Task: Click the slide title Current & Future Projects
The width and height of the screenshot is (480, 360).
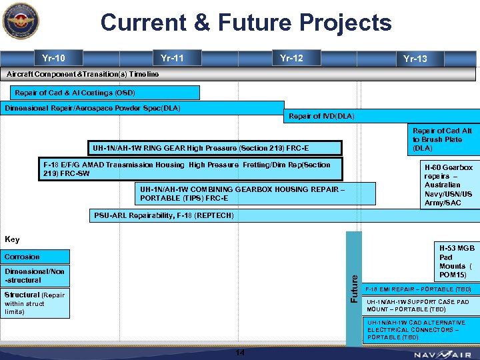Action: point(245,23)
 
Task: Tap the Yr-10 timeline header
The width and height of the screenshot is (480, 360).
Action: point(53,58)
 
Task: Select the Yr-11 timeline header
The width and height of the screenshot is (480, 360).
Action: point(172,58)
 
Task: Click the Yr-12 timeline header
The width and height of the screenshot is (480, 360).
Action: point(291,58)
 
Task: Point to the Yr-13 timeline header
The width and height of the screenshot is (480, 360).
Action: point(415,59)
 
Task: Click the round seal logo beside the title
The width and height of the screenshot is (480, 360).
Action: point(21,23)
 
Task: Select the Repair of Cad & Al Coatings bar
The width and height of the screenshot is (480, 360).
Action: point(100,93)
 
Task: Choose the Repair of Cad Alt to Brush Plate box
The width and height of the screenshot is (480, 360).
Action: point(443,140)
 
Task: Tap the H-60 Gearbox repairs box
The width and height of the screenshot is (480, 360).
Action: point(449,185)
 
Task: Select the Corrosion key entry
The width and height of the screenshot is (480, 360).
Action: point(36,257)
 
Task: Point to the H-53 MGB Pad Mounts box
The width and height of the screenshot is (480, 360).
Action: point(456,261)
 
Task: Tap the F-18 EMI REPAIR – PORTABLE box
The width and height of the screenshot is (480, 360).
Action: point(422,289)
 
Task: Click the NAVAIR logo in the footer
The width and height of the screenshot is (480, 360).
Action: point(441,355)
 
